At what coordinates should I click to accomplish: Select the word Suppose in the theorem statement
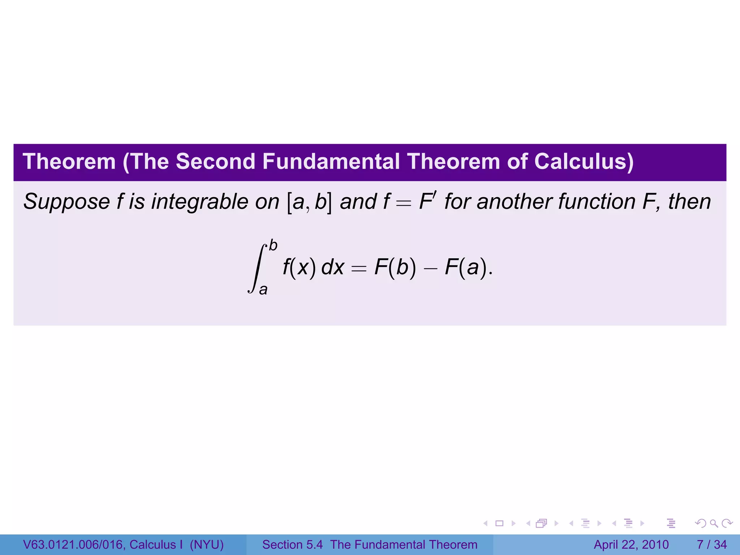tap(66, 202)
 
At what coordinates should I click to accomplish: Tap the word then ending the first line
tap(689, 202)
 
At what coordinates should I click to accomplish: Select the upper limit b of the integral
tap(273, 246)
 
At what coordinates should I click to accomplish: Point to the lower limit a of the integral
tap(263, 289)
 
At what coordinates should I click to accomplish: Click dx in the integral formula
tap(332, 267)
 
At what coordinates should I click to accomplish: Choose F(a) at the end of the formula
tap(466, 267)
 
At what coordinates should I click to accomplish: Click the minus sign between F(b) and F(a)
tap(430, 268)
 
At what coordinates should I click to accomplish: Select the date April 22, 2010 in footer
tap(631, 545)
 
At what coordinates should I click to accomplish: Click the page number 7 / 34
tap(711, 545)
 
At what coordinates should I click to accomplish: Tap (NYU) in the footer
tap(207, 545)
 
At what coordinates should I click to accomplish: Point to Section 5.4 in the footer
tap(292, 545)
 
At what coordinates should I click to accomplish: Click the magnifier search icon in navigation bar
tap(714, 523)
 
